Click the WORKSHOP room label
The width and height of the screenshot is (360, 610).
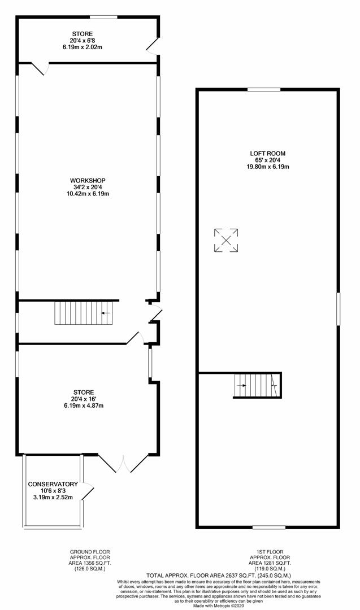pos(88,181)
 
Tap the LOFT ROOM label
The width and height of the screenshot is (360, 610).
pos(267,154)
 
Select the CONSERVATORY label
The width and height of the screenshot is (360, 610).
pos(53,484)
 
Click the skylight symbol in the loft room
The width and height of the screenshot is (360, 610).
pos(226,241)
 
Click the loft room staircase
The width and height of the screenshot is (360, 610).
pos(257,386)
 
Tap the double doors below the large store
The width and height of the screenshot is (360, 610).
pos(123,463)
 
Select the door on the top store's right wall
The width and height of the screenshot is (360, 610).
pos(153,45)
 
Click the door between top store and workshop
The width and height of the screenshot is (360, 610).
pos(40,68)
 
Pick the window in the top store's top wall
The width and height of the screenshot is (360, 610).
pos(103,17)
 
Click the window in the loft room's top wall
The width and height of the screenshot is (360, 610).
pos(264,89)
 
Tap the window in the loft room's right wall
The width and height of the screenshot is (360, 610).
pos(338,309)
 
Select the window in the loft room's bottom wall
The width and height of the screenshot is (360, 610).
pos(269,527)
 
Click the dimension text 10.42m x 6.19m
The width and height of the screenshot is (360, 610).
pos(88,193)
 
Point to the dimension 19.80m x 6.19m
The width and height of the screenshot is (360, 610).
pos(267,167)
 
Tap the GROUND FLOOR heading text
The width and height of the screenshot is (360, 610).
pos(89,552)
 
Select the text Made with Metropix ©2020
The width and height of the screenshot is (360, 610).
pos(219,605)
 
